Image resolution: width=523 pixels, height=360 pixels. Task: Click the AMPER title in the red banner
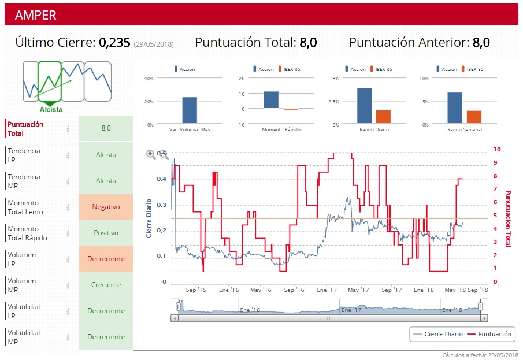[x=36, y=15]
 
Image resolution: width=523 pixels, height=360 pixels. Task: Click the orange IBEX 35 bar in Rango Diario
[x=383, y=117]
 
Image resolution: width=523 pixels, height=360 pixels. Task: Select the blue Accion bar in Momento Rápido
[x=271, y=100]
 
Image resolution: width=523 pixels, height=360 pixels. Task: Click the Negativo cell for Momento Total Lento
[x=106, y=207]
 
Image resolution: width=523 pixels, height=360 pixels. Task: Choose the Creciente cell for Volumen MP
[x=106, y=285]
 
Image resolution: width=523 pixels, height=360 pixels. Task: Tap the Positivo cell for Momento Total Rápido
[x=106, y=233]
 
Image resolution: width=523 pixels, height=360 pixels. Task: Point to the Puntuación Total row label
[x=25, y=128]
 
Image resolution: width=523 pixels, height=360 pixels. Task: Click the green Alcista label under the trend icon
[x=51, y=109]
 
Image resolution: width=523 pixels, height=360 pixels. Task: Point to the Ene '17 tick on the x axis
[x=327, y=290]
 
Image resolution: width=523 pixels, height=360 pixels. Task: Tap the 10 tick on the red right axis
[x=496, y=149]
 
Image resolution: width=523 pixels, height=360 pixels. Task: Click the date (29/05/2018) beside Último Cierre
[x=154, y=44]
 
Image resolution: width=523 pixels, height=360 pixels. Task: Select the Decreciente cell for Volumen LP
[x=106, y=259]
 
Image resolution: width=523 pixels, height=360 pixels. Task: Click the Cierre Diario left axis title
[x=149, y=218]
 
